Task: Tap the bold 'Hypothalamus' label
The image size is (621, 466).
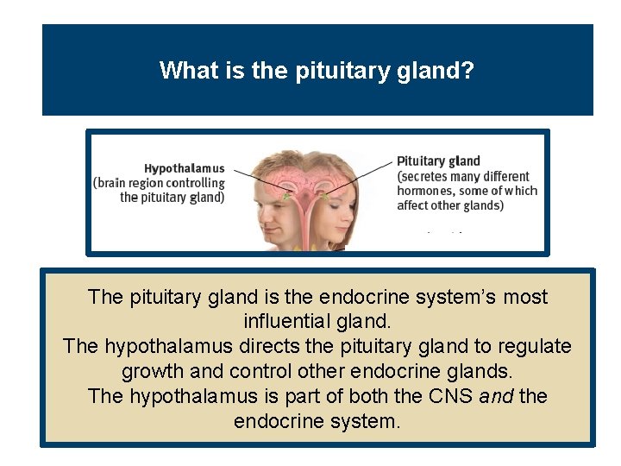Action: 184,168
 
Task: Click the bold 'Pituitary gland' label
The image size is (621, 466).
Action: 438,161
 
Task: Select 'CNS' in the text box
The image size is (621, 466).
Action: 451,396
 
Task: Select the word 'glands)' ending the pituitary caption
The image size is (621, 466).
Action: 485,205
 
